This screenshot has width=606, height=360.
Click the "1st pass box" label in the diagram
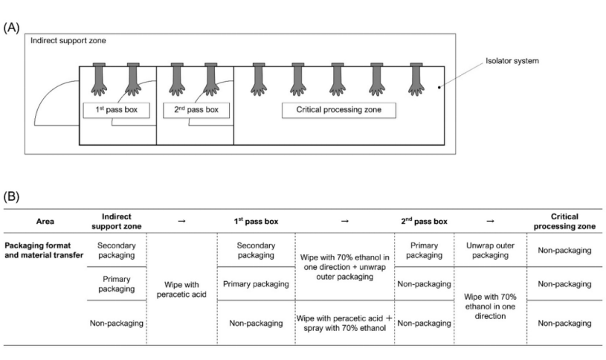click(116, 110)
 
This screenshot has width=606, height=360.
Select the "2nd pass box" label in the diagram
click(196, 110)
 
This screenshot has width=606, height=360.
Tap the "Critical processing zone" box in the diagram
click(339, 110)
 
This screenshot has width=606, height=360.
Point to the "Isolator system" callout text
click(512, 61)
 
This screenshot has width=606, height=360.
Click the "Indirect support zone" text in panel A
click(68, 41)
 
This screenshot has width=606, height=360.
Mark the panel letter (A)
click(11, 28)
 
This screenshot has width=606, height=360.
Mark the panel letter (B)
click(11, 196)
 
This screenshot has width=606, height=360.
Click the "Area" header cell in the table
click(45, 222)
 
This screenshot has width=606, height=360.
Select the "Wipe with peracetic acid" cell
click(181, 289)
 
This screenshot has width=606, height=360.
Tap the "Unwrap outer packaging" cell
click(490, 250)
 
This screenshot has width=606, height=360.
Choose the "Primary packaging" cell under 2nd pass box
click(424, 250)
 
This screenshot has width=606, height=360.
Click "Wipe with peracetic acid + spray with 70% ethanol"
click(344, 323)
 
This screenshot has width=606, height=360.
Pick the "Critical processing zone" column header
click(564, 221)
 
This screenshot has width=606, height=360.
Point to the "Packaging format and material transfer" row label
click(44, 250)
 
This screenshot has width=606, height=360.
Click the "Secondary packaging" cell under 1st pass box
click(256, 250)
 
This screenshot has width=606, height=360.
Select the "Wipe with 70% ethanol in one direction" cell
click(490, 306)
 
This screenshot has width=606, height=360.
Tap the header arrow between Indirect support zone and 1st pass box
click(181, 221)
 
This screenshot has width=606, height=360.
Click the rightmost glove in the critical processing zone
click(416, 79)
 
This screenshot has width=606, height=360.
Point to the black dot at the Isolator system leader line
click(439, 87)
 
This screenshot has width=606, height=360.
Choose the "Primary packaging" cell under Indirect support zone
click(116, 284)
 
